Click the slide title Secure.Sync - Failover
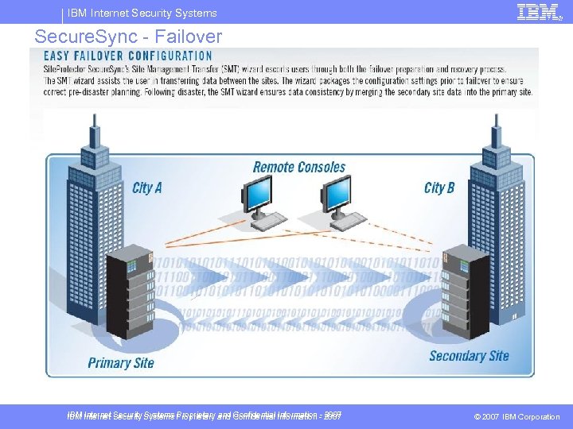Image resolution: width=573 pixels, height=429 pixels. pos(128,37)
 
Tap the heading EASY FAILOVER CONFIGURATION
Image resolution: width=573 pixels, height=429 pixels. pos(128,56)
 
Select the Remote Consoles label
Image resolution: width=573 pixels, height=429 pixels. pos(299,168)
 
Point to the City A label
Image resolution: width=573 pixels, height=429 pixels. pos(146,188)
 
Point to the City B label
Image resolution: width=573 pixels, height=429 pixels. pos(439,188)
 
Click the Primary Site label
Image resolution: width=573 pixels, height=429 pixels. pos(121,363)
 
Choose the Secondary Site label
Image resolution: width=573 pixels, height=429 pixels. pos(469,356)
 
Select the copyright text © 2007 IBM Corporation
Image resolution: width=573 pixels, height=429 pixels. pos(516,417)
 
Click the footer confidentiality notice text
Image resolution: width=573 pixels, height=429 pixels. pos(205,415)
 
